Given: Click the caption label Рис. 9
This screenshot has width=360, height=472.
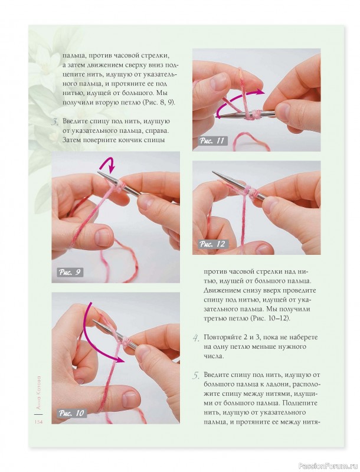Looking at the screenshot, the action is point(70,273).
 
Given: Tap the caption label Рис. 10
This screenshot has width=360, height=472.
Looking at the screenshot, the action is point(71,413).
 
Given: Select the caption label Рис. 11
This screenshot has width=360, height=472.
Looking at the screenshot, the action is point(212,140).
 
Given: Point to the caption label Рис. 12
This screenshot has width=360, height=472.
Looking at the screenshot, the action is point(212,244).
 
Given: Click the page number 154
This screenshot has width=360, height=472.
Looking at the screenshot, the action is point(38,422).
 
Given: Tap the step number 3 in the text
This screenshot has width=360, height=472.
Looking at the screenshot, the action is point(55,122).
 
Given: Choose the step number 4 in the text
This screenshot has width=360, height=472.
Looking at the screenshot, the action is point(196,337).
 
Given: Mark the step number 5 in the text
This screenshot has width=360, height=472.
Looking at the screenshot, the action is point(196,375).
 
